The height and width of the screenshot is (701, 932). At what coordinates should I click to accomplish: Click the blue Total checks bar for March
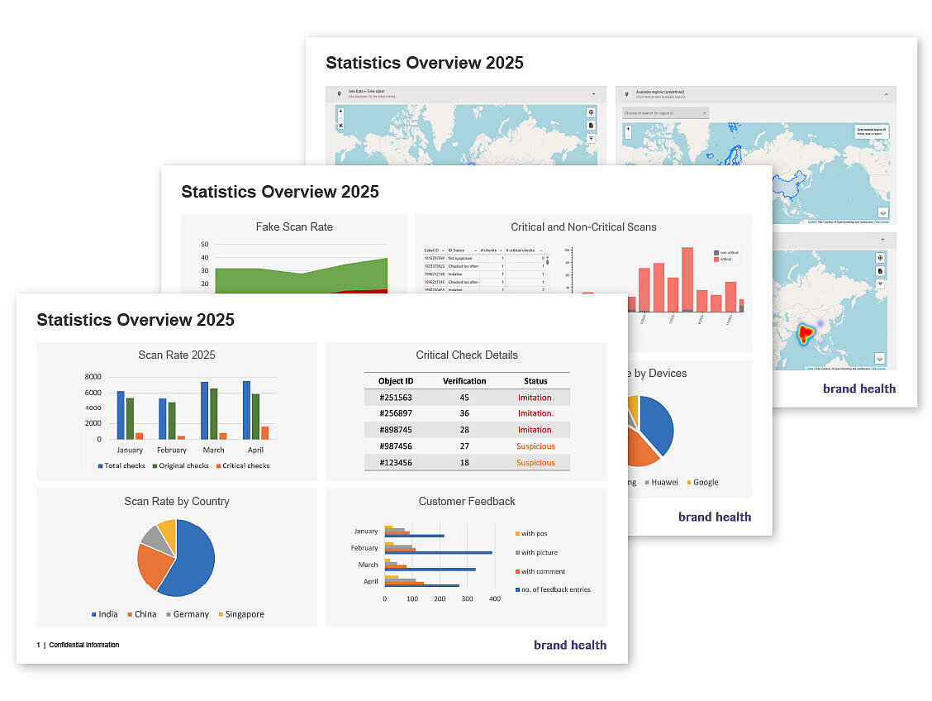point(204,410)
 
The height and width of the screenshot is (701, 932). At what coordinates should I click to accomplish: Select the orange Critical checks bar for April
point(264,432)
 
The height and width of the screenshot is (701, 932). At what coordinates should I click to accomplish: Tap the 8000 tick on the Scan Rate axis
point(93,377)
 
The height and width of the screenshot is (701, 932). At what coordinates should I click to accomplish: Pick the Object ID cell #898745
point(396,430)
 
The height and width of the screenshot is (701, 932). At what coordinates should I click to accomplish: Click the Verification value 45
point(464,398)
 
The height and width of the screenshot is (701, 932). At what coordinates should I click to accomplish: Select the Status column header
point(535,381)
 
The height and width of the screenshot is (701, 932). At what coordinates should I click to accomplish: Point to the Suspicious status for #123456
point(535,462)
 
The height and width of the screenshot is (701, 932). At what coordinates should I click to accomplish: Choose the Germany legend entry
point(186,614)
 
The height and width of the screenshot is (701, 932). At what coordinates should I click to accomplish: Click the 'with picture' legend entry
point(539,552)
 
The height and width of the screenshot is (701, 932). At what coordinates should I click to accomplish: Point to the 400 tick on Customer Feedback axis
point(494,598)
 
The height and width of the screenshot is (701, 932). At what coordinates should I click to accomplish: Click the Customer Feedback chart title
point(467,501)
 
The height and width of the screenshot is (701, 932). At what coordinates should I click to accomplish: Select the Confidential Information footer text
point(83,645)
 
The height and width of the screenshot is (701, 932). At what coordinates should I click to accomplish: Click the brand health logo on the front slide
point(570,645)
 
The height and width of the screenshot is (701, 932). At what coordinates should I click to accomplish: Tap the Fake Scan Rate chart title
point(294,227)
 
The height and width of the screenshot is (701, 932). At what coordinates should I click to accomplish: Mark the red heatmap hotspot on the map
point(805,335)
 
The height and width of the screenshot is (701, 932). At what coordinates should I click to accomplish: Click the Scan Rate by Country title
point(177,501)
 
